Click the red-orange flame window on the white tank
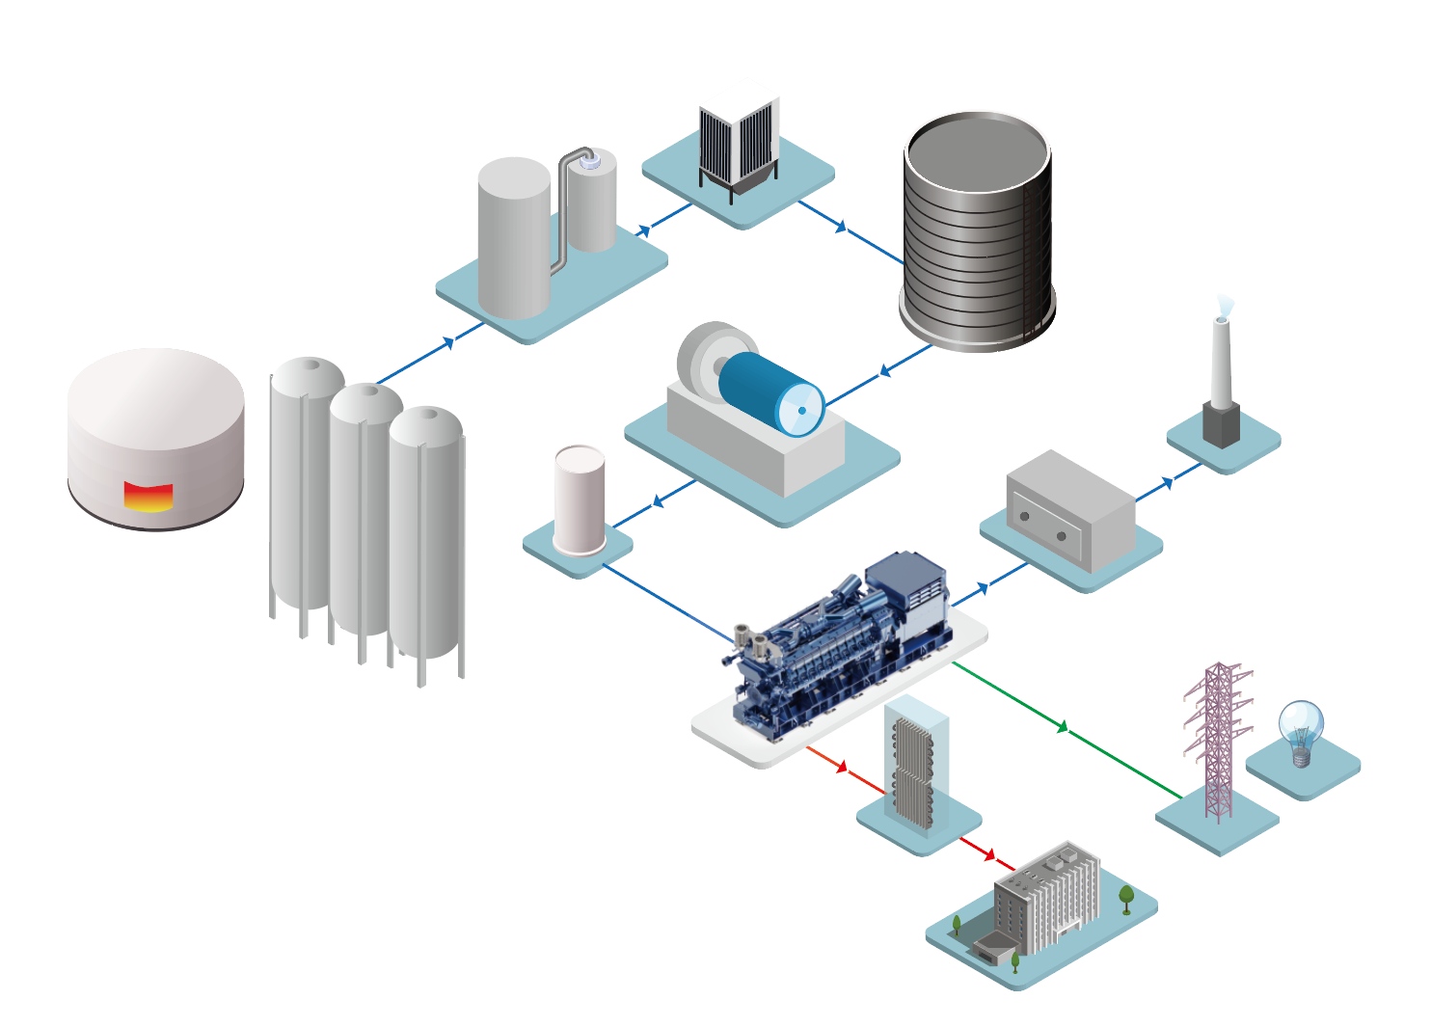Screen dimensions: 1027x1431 coord(148,497)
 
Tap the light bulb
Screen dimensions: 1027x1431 coord(1301,729)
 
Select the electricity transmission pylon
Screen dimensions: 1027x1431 coord(1219,738)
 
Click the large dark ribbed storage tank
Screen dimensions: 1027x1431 coord(977,231)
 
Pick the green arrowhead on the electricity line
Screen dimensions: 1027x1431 coord(1063,726)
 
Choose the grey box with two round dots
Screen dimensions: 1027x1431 coord(1068,508)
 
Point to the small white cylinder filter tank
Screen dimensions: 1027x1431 coord(580,500)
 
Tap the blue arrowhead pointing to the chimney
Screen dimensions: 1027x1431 coord(1168,482)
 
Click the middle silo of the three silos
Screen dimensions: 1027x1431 coord(364,511)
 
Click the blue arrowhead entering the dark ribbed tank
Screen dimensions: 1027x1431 coord(841,227)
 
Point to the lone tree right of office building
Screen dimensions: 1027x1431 coord(1125,898)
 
